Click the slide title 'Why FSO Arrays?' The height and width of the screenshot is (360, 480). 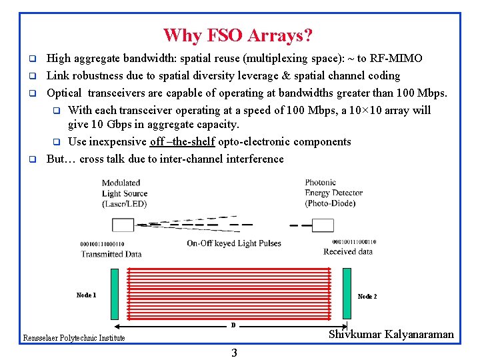point(238,35)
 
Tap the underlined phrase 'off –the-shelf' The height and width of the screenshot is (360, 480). point(182,141)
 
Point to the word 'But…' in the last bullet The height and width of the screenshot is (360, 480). point(61,159)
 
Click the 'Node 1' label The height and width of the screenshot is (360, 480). point(86,295)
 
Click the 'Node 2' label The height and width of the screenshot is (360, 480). point(367,297)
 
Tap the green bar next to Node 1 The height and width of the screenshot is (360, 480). point(114,293)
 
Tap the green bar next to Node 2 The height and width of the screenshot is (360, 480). point(347,293)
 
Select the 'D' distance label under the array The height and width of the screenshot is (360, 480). point(233,325)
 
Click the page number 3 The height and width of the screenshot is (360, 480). point(234,353)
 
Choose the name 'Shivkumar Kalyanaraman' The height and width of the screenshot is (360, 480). point(391,335)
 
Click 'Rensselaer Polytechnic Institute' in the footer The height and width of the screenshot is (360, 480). point(74,338)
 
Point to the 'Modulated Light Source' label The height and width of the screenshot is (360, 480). point(125,193)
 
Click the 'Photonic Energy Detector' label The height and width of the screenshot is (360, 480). point(333,193)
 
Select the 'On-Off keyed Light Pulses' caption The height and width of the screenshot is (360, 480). point(234,243)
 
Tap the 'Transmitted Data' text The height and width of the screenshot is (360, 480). point(111,253)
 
